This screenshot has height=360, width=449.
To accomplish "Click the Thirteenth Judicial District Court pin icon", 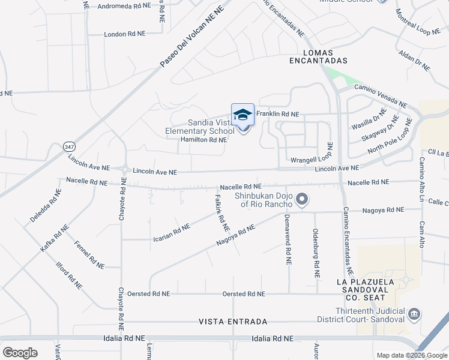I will (414, 314).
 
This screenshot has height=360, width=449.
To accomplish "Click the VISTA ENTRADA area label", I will (233, 322).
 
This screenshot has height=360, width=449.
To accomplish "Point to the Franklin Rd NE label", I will (277, 113).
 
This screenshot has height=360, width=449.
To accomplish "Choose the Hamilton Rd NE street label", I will (203, 140).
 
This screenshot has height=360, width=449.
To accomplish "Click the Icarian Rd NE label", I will (168, 229).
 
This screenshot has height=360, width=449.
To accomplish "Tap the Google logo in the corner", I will (20, 353).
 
